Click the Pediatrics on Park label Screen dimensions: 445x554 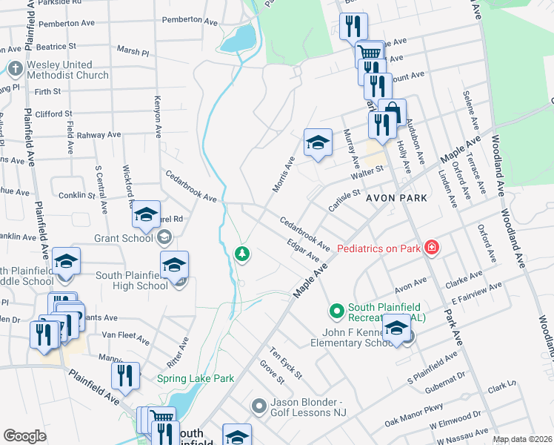(378, 248)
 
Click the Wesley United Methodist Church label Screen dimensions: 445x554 (67, 70)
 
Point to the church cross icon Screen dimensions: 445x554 (15, 70)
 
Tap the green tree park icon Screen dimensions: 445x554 (242, 254)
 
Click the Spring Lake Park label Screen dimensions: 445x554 (196, 378)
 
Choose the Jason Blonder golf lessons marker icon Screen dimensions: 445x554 (258, 406)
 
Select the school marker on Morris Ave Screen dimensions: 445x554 (318, 142)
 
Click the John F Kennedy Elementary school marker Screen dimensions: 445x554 (397, 329)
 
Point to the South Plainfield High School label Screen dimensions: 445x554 (131, 280)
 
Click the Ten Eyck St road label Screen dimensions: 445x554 (286, 363)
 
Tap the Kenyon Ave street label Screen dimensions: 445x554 (158, 116)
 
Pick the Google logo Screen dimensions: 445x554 (24, 436)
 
